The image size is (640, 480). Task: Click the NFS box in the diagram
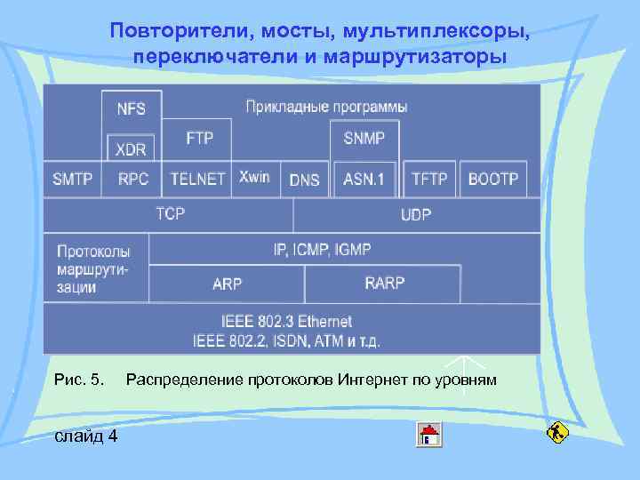coord(132,109)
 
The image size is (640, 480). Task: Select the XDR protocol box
coord(132,148)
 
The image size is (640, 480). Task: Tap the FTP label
coord(199,140)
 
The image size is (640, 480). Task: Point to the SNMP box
coord(364,139)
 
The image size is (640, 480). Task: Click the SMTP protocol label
coord(73,179)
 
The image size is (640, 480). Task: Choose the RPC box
coord(133,179)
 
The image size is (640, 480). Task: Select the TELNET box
coord(197,179)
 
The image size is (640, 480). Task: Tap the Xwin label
coord(254,178)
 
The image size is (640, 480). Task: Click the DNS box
coord(304,180)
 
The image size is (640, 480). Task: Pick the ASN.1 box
coord(364,179)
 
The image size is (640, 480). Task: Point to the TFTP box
coord(430,179)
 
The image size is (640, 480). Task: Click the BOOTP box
coord(493,179)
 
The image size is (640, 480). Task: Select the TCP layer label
coord(170,214)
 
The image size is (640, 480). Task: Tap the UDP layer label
coord(416,214)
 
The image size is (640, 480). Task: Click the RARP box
coord(384,284)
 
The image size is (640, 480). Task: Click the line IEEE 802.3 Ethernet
coord(286,321)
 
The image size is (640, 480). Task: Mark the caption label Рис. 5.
coord(80,380)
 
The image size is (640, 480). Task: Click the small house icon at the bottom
coord(430,434)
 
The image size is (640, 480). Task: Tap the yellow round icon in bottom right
coord(556,433)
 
